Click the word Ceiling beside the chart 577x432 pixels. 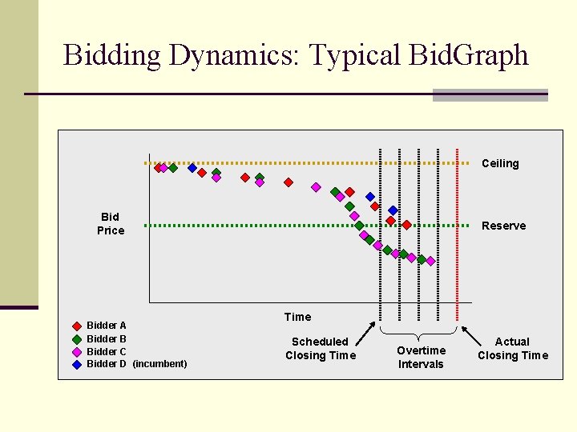pos(500,164)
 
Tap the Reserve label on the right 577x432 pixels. pos(503,226)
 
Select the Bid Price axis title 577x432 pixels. pos(111,224)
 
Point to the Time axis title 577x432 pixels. pos(297,317)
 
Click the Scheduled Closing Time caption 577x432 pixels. pos(320,349)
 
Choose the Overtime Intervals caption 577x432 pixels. pos(421,358)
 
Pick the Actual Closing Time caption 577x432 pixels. pos(513,349)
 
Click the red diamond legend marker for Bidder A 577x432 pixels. pos(77,326)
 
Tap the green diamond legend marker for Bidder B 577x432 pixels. pos(77,338)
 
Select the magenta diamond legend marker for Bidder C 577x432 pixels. pos(77,351)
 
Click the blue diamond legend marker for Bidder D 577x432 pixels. pos(77,364)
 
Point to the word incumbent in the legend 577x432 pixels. pos(159,364)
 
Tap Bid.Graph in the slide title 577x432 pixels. pos(468,55)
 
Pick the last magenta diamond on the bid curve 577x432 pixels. pos(430,261)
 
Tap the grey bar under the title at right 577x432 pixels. pos(490,95)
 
